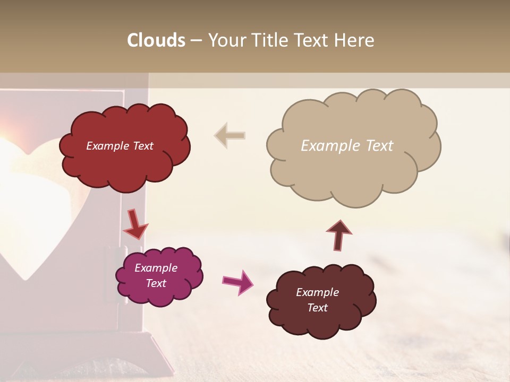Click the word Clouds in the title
click(156, 40)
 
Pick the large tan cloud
click(353, 170)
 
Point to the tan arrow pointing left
click(229, 135)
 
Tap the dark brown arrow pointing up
click(338, 235)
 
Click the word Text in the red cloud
click(142, 146)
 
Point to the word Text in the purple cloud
click(156, 283)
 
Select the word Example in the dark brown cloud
click(317, 292)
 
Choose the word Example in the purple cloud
click(156, 268)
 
